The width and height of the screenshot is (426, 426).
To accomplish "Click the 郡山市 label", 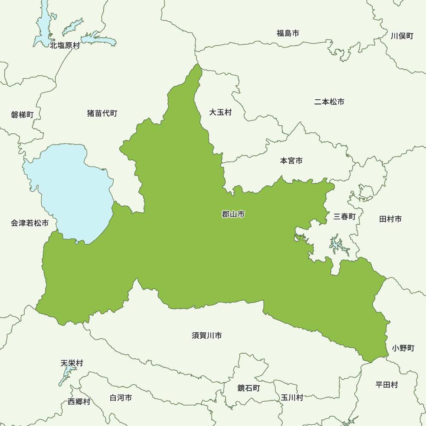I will (x=233, y=215).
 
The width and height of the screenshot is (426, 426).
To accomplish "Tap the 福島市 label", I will (x=288, y=33).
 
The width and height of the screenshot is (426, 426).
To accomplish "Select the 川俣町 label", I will (x=402, y=36).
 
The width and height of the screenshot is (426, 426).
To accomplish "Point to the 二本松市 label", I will (x=329, y=102).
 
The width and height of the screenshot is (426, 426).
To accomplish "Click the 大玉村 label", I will (x=220, y=112).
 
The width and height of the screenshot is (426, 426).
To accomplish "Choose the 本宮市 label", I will (x=291, y=161).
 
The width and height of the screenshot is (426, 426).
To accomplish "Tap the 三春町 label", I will (x=344, y=216).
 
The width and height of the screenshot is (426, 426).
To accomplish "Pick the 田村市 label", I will (x=390, y=219).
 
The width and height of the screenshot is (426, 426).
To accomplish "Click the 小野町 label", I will (x=403, y=348).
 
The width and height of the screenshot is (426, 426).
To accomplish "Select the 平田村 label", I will (x=386, y=385).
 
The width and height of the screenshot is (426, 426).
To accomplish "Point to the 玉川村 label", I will (x=292, y=397).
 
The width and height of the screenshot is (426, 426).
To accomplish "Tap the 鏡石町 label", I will (x=248, y=388).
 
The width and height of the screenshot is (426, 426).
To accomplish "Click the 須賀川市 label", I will (x=207, y=336).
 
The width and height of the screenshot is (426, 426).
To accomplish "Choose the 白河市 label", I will (x=121, y=398).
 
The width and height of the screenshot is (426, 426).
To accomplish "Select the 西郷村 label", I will (x=79, y=402).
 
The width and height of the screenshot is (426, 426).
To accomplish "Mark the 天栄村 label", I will (x=72, y=363).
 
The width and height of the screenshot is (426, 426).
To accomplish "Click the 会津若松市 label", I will (x=30, y=223).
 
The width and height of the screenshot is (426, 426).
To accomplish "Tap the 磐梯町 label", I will (x=22, y=115).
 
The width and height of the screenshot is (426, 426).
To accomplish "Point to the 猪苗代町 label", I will (x=102, y=113).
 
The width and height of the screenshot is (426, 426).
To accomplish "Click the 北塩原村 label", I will (x=65, y=45).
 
